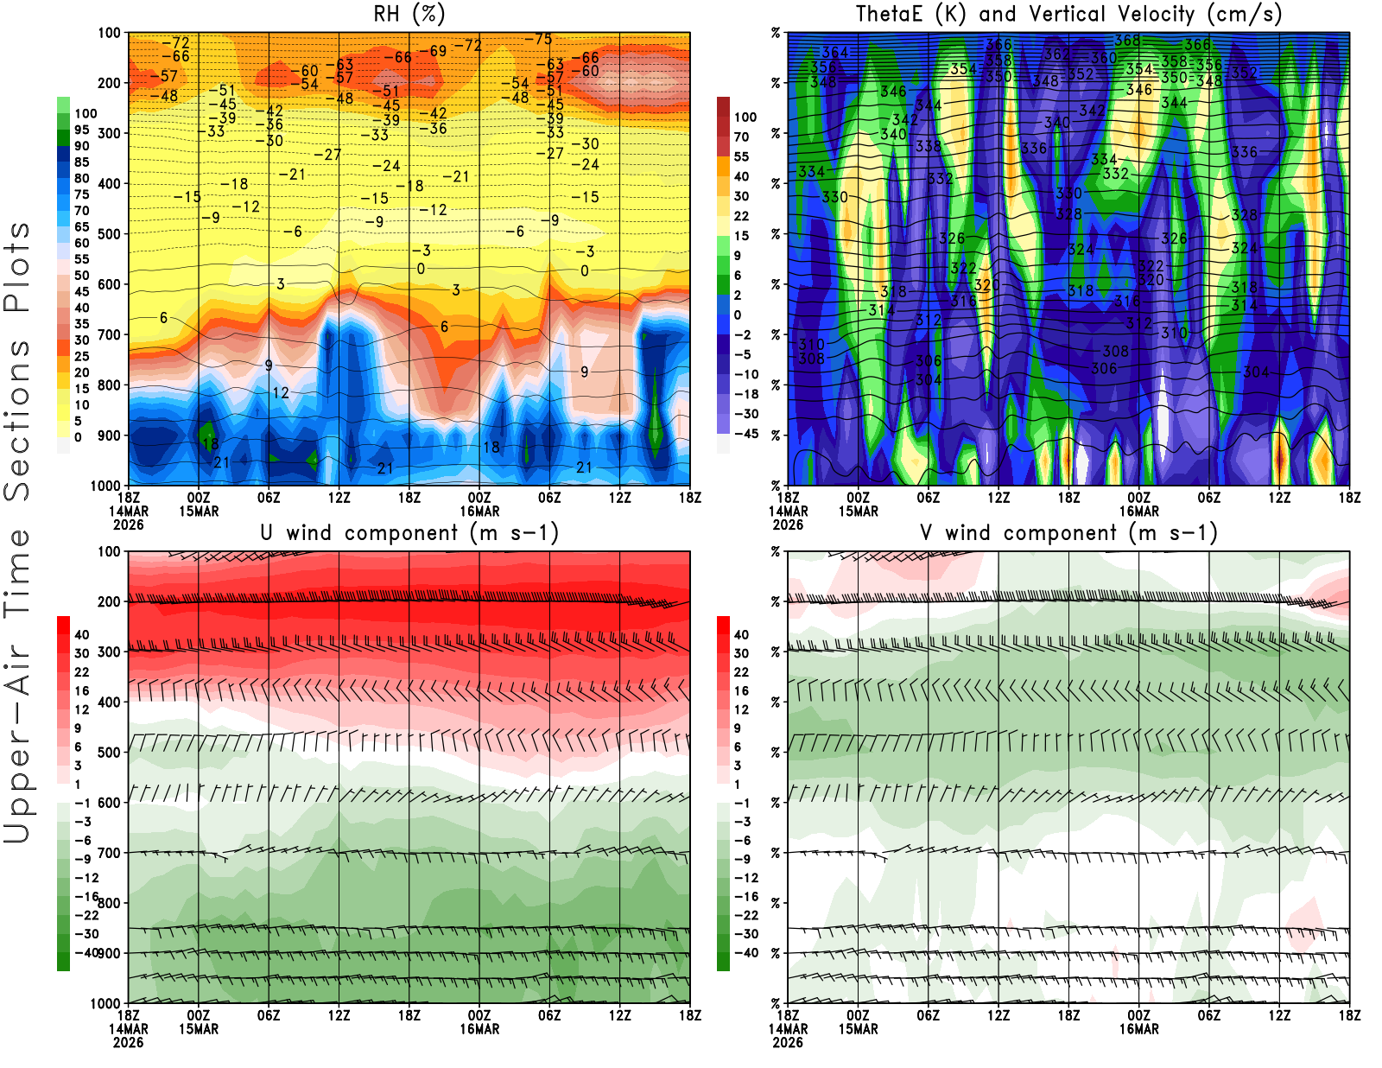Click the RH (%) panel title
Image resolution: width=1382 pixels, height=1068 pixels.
(x=409, y=14)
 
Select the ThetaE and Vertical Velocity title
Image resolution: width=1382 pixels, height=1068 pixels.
(x=1068, y=14)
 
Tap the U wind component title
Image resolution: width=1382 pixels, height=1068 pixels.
(x=409, y=532)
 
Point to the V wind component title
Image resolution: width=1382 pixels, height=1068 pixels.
(x=1068, y=532)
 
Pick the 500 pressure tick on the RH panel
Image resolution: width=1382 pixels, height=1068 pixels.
(x=109, y=234)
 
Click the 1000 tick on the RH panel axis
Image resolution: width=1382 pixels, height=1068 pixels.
(x=105, y=486)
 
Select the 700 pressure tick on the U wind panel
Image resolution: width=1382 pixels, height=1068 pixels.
(x=109, y=853)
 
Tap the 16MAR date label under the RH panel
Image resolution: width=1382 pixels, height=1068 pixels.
(x=479, y=512)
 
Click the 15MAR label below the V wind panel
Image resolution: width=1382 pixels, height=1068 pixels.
(x=858, y=1029)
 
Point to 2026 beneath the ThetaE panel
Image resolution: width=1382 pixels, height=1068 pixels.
(x=788, y=524)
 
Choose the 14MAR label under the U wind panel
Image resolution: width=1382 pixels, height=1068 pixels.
(x=128, y=1029)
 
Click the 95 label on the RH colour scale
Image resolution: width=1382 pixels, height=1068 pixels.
(x=81, y=130)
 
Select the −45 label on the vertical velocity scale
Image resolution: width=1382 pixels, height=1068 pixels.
(x=746, y=434)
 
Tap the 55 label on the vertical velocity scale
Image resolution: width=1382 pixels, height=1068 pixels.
(x=741, y=156)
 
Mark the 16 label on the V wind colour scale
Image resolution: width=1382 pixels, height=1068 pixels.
(x=741, y=690)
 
